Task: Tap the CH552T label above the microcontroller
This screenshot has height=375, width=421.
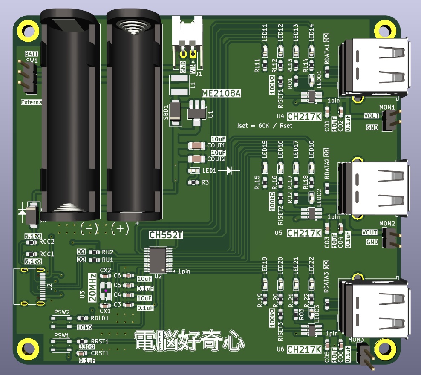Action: pyautogui.click(x=166, y=235)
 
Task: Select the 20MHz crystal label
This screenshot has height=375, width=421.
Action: pyautogui.click(x=92, y=288)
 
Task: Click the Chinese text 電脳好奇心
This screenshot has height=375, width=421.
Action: pyautogui.click(x=189, y=341)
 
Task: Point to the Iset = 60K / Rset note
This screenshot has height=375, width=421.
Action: pyautogui.click(x=265, y=126)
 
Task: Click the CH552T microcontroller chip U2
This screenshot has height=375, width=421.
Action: pyautogui.click(x=155, y=260)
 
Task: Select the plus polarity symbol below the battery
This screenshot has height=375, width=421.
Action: pyautogui.click(x=120, y=229)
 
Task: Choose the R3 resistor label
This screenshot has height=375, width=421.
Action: pyautogui.click(x=205, y=182)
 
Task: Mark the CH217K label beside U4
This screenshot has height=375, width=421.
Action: pyautogui.click(x=304, y=117)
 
